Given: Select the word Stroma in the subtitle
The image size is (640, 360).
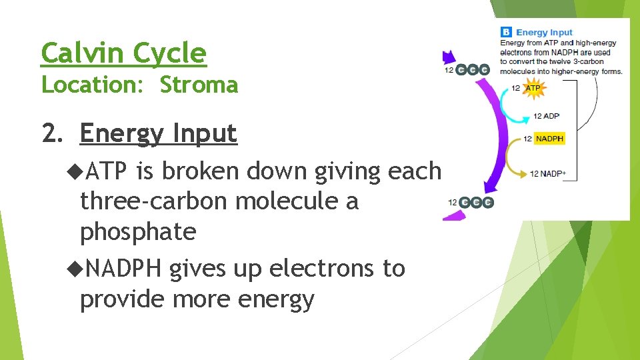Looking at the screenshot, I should (199, 85).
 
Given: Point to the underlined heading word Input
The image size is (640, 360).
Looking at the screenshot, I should (205, 133).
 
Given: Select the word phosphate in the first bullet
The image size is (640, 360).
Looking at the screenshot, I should (137, 231).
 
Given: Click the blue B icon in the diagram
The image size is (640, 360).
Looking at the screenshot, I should (506, 32).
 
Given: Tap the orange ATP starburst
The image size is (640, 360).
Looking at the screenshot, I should (533, 88).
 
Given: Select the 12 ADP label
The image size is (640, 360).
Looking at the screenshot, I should (546, 116).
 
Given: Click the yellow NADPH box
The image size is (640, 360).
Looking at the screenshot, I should (549, 139).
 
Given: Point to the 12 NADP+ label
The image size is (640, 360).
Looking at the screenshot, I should (548, 174).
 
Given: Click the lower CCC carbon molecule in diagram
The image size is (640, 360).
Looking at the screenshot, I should (477, 202).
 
